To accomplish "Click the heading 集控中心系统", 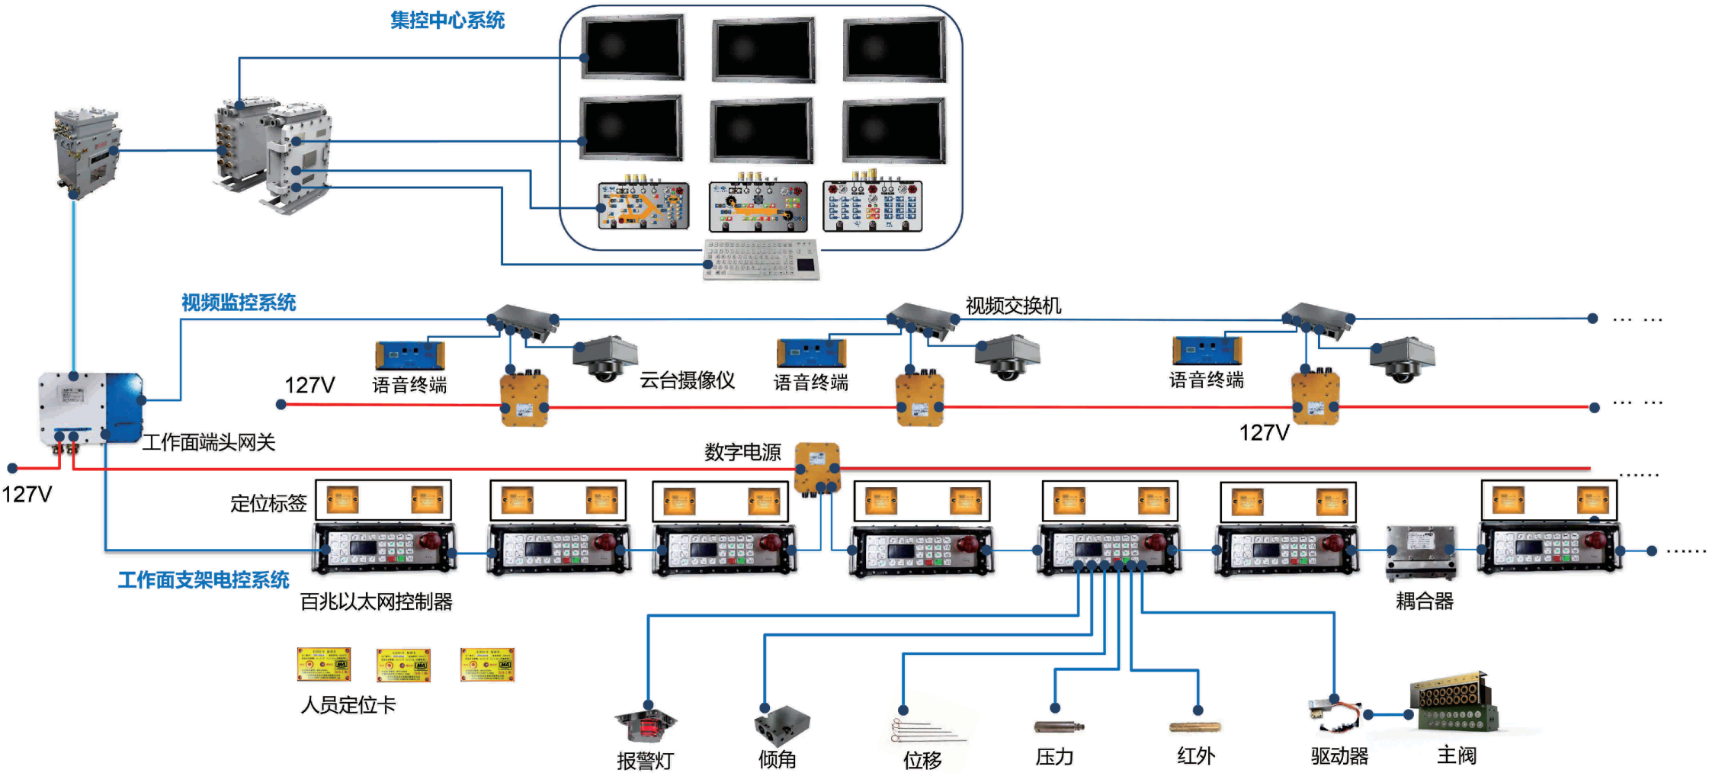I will point(447,21).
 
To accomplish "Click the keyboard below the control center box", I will point(761,260).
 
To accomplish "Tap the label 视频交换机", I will point(1013,306).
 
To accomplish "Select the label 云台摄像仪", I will point(687,380).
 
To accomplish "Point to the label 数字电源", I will point(742,452).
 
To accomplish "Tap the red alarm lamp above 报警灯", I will point(646,725).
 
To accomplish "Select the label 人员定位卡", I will point(348,704).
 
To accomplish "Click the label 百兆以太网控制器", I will point(377,601).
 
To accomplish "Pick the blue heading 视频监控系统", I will point(239,303).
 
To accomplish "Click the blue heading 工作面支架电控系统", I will point(204,580).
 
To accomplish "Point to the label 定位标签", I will point(268,503).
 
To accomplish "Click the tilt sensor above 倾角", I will point(781,725).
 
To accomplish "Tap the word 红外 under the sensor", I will point(1195,755).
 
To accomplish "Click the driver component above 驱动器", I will point(1334,712).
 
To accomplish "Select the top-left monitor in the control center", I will point(633,47).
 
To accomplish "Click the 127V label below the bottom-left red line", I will point(27,494).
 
